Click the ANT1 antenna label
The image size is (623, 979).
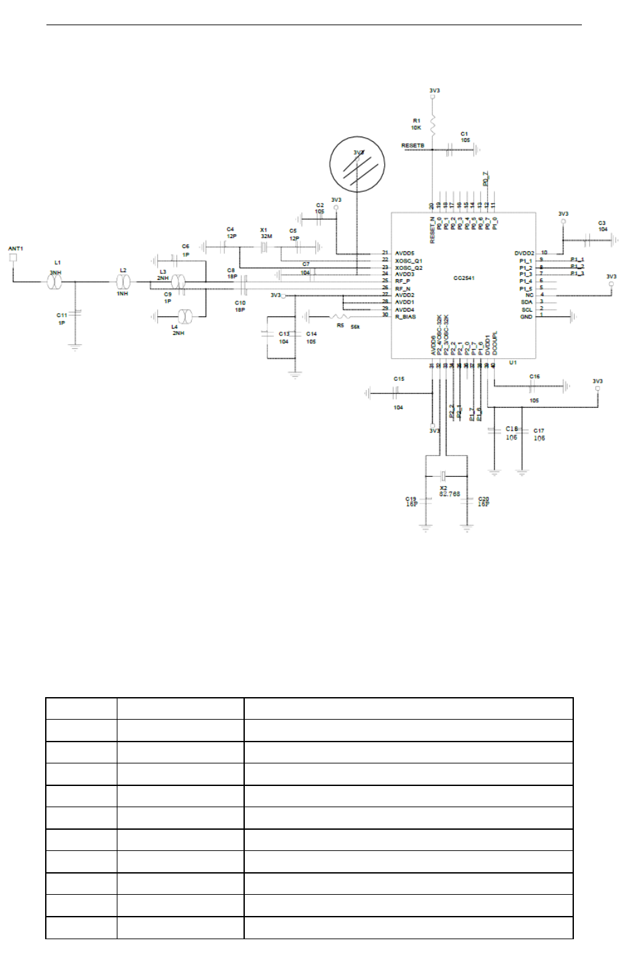click(x=15, y=249)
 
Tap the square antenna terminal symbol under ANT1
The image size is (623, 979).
click(x=13, y=257)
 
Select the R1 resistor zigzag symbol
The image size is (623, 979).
click(x=432, y=124)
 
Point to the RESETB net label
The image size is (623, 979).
click(x=412, y=145)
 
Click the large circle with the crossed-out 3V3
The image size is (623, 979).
click(x=358, y=164)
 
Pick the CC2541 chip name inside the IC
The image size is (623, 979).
click(x=464, y=278)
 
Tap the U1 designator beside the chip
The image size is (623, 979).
click(x=513, y=363)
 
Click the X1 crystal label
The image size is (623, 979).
click(x=263, y=230)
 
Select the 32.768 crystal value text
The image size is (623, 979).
click(x=449, y=494)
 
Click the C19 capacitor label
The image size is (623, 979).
click(x=411, y=499)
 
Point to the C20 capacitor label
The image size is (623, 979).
click(x=484, y=499)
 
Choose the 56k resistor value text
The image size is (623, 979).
click(x=356, y=326)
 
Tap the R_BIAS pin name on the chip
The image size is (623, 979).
click(x=405, y=316)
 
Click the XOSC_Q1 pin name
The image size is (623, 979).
click(x=409, y=261)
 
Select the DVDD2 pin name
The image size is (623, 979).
click(x=523, y=253)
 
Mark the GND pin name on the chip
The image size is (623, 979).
click(x=526, y=316)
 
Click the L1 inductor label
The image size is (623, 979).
click(x=57, y=263)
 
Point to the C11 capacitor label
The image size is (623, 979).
click(x=62, y=315)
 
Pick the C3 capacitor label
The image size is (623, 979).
click(x=602, y=223)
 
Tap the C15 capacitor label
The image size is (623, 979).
click(x=399, y=379)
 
